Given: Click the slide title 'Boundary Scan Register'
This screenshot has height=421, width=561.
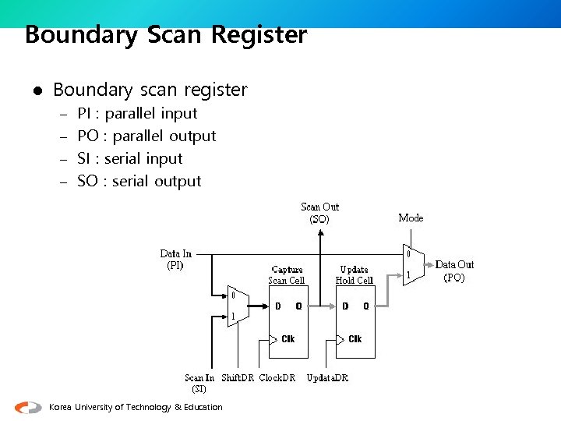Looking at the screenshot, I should click(x=166, y=35).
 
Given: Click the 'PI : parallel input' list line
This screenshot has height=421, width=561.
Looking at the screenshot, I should click(x=137, y=113).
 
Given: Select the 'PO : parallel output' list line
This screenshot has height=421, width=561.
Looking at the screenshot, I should click(x=146, y=136).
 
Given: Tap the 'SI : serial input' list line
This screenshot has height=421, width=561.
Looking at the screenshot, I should click(x=129, y=158).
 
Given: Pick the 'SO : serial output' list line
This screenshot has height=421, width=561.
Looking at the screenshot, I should click(x=139, y=181).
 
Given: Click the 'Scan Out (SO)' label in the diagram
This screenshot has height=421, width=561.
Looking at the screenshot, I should click(x=319, y=213).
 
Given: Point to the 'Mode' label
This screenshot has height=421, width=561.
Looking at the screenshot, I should click(x=411, y=218).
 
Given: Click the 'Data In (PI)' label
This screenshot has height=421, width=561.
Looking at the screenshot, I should click(x=175, y=259).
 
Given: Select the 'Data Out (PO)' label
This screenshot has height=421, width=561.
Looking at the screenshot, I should click(x=454, y=271).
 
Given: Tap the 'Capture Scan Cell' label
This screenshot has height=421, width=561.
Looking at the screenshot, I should click(x=287, y=274).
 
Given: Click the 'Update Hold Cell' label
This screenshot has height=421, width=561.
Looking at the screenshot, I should click(x=354, y=274).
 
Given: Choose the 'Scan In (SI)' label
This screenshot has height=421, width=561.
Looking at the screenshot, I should click(x=199, y=383).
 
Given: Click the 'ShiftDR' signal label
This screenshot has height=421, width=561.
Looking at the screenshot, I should click(x=238, y=378).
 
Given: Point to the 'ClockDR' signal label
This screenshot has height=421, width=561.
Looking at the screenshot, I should click(x=277, y=378).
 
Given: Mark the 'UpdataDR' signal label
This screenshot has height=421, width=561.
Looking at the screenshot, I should click(x=327, y=378).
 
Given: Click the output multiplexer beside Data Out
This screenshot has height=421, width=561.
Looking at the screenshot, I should click(x=412, y=265).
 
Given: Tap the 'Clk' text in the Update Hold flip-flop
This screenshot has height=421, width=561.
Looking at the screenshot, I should click(x=355, y=339).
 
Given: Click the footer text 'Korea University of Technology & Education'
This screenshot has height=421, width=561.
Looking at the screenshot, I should click(x=136, y=407).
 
